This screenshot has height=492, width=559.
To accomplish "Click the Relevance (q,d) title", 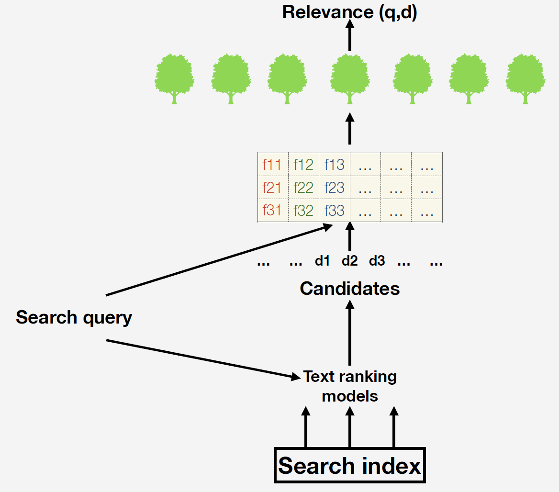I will click(350, 12).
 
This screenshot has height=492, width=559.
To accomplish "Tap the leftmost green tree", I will click(174, 78).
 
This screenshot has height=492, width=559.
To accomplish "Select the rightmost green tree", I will click(525, 78).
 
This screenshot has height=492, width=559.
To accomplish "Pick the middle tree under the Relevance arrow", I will click(350, 78).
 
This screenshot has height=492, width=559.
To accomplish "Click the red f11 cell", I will click(272, 165).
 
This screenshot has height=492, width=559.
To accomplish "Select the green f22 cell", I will click(303, 188).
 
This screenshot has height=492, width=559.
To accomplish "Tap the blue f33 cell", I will click(334, 211).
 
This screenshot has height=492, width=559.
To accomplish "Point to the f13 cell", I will click(334, 165).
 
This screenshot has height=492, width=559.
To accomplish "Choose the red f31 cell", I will click(272, 211).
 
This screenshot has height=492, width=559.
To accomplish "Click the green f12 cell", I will click(303, 165).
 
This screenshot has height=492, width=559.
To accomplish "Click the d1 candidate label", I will click(323, 261).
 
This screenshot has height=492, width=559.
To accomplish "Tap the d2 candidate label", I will click(350, 261).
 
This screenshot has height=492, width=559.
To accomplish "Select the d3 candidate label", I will click(377, 261).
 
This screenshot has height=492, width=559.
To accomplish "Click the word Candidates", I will click(350, 289).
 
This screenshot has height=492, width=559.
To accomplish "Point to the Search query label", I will click(74, 317).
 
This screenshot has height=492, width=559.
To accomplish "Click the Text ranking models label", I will click(350, 386).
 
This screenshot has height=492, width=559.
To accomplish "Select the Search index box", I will click(350, 466).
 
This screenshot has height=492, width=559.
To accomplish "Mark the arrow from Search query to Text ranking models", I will click(201, 359).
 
